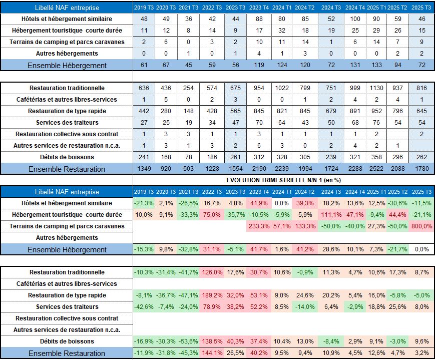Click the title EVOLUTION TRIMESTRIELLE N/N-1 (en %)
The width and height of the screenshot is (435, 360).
[x=283, y=180]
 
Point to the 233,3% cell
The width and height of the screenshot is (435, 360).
[x=259, y=226]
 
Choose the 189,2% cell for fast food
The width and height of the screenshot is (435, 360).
[x=212, y=295]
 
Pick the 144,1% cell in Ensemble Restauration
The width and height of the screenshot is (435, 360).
[x=212, y=352]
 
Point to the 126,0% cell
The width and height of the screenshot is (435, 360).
[x=212, y=272]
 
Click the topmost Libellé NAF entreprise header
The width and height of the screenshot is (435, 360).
[x=67, y=8]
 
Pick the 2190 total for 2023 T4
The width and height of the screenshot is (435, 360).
[x=259, y=169]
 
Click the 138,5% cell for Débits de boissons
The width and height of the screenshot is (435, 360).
[x=212, y=341]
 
